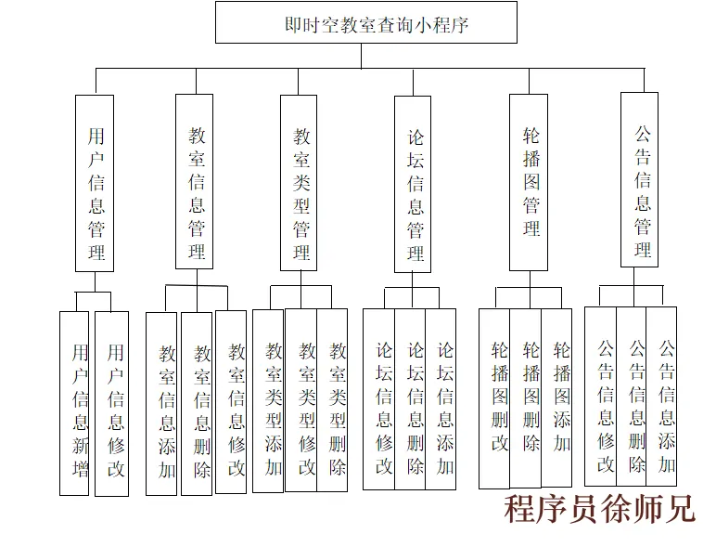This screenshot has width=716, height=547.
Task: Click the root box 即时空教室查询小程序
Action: point(365,22)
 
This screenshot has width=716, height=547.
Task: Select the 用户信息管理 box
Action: point(95,183)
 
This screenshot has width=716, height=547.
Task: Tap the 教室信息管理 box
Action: point(195,182)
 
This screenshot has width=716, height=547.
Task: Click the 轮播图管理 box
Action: point(530,182)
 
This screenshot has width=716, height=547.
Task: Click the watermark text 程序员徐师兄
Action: point(599,509)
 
